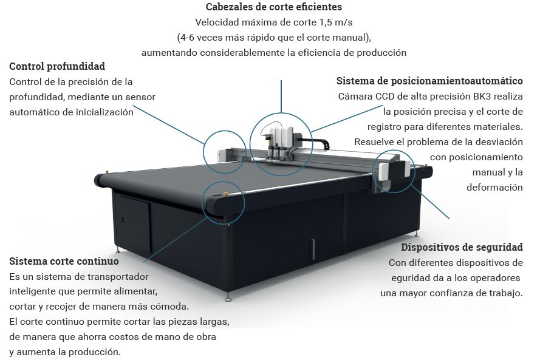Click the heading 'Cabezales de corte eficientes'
point(273,8)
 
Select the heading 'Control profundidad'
point(57,66)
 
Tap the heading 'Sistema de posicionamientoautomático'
point(429,81)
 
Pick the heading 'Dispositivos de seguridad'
point(462,247)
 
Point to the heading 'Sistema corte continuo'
point(64,261)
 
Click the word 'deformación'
point(494,188)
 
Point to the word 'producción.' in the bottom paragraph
point(96,352)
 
